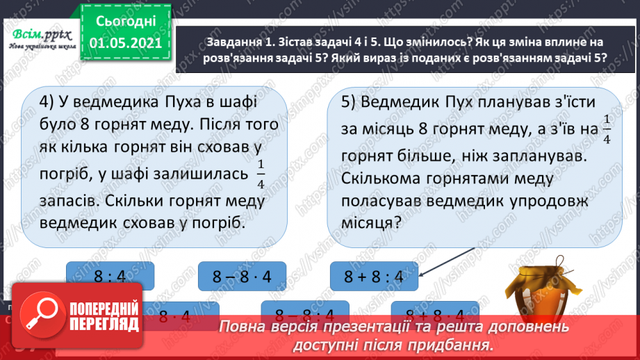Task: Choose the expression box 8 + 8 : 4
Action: click(x=374, y=278)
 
